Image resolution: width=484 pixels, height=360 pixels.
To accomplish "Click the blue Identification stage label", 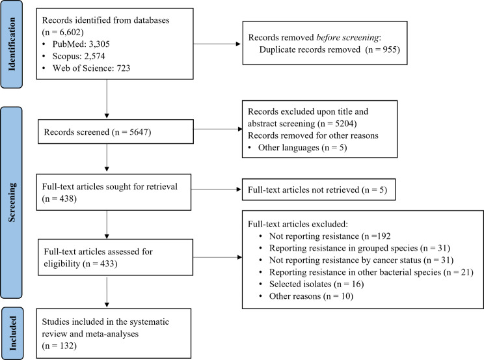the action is tap(12, 44).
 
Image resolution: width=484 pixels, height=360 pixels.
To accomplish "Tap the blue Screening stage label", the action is tap(12, 202).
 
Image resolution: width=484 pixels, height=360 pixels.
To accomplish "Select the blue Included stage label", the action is tap(12, 333).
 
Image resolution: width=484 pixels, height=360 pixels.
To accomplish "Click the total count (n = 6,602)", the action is tap(63, 32).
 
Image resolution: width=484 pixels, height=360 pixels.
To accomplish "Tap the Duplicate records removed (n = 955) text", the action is tap(329, 49).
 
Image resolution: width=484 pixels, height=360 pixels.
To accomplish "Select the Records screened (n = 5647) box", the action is tap(116, 132).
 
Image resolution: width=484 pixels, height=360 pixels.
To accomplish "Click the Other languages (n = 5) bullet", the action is tap(297, 148).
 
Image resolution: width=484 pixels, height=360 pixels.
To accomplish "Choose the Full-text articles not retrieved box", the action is tap(319, 189).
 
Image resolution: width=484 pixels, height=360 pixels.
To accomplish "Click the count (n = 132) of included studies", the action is tap(59, 346).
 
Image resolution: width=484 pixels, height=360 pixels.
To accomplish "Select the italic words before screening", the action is tap(347, 38).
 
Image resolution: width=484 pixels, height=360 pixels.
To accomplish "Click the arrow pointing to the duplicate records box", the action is tap(217, 44).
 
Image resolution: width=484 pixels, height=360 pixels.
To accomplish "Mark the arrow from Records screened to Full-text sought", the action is tap(107, 158).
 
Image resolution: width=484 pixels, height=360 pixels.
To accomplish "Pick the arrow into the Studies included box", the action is tap(107, 292).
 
